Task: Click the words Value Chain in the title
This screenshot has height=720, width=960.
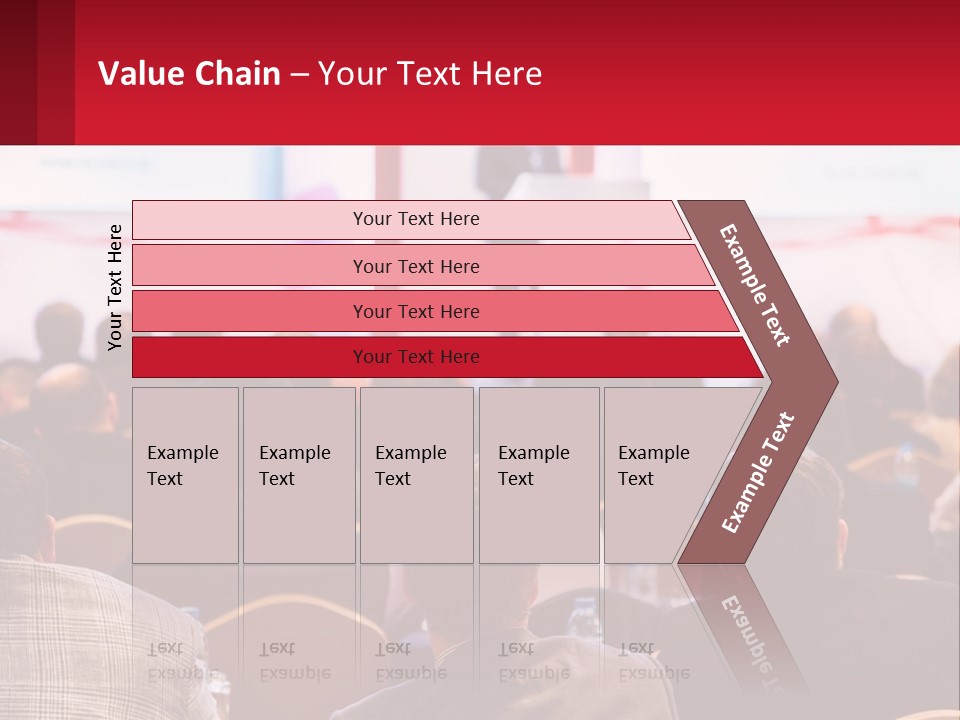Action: pyautogui.click(x=189, y=74)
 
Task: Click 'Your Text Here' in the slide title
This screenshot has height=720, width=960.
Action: pyautogui.click(x=430, y=74)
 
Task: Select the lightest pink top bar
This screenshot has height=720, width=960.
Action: pyautogui.click(x=250, y=219)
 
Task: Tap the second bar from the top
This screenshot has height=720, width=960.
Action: pyautogui.click(x=250, y=266)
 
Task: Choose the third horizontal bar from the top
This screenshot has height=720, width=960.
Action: pyautogui.click(x=250, y=311)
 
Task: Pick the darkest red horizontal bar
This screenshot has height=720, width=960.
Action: pyautogui.click(x=250, y=357)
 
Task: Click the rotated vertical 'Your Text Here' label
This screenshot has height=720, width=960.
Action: pyautogui.click(x=115, y=287)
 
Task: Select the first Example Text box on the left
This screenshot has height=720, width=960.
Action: pyautogui.click(x=185, y=475)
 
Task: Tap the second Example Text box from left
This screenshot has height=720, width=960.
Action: pyautogui.click(x=299, y=475)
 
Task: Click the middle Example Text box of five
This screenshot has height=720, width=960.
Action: pyautogui.click(x=416, y=475)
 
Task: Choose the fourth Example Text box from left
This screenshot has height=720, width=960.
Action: pyautogui.click(x=539, y=475)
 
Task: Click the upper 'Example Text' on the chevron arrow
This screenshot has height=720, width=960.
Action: pyautogui.click(x=756, y=285)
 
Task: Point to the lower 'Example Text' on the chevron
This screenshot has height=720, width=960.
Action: pyautogui.click(x=758, y=473)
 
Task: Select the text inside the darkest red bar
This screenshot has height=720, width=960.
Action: pyautogui.click(x=416, y=357)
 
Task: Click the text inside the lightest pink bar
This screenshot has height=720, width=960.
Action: pyautogui.click(x=416, y=219)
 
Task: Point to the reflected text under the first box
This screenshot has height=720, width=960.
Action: pyautogui.click(x=182, y=660)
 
